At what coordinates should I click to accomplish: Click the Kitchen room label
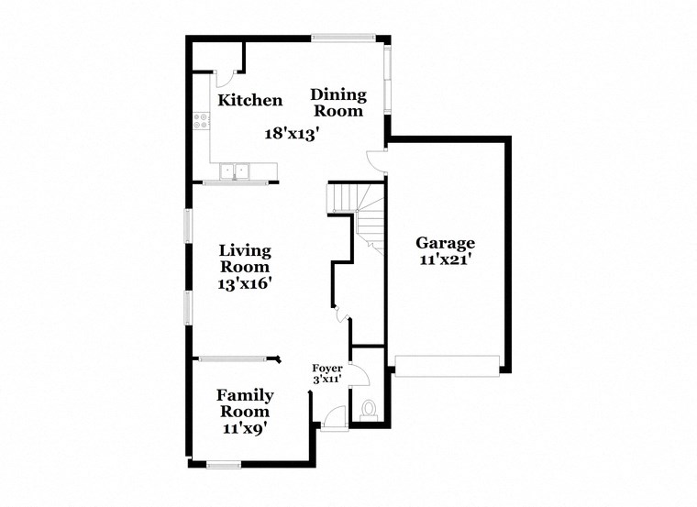click(x=249, y=100)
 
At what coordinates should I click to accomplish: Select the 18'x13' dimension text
click(x=292, y=133)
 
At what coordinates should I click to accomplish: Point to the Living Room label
click(x=245, y=259)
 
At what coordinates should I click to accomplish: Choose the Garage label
click(x=446, y=243)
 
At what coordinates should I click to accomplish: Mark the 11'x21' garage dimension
click(x=446, y=259)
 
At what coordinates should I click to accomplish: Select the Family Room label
click(x=245, y=403)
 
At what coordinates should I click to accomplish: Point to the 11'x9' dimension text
click(x=245, y=427)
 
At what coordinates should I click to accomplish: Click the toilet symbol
click(x=370, y=409)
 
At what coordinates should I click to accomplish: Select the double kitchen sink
click(x=235, y=171)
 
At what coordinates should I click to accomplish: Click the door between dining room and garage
click(x=376, y=161)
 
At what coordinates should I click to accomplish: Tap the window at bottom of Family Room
click(x=223, y=464)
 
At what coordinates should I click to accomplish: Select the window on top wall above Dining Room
click(x=343, y=38)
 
